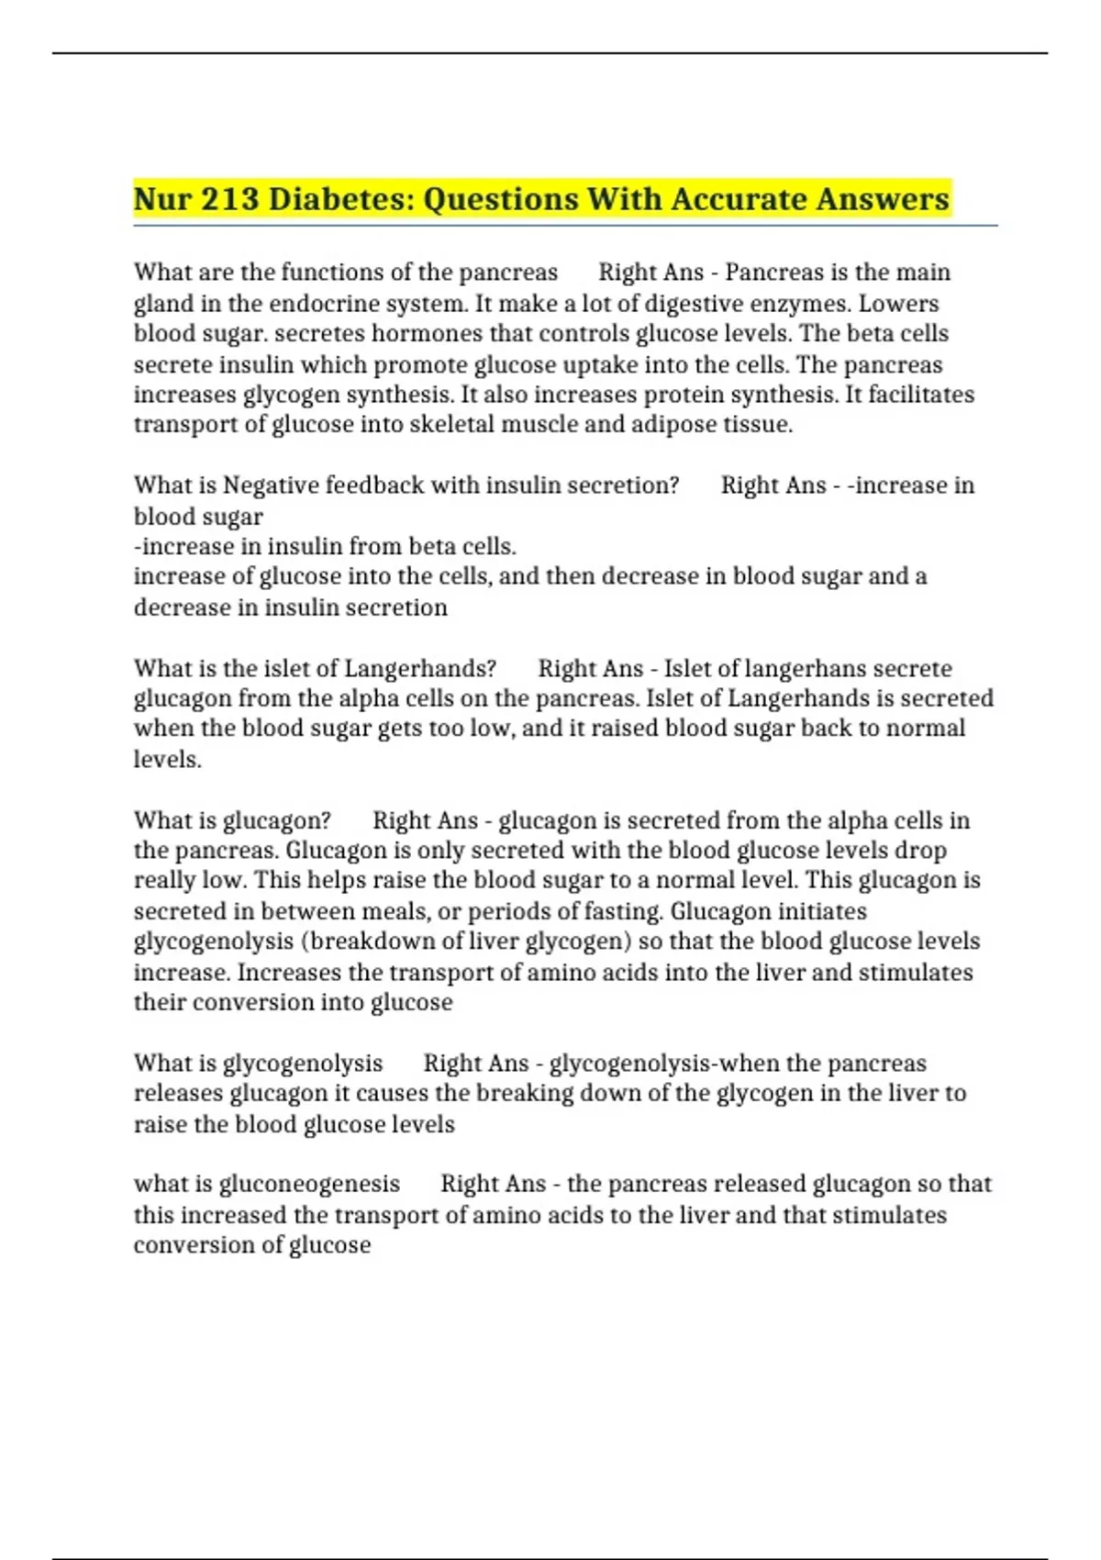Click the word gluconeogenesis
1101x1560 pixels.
click(x=309, y=1185)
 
